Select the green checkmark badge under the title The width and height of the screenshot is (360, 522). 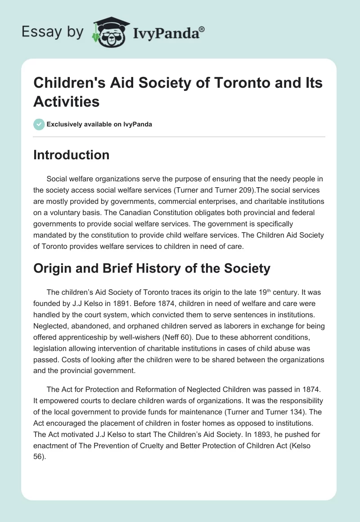39,124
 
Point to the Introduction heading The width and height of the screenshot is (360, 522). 71,155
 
